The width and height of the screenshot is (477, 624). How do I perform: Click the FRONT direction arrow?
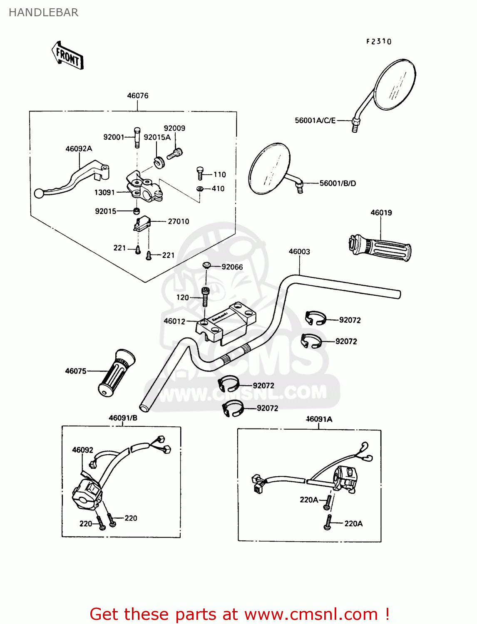pos(67,55)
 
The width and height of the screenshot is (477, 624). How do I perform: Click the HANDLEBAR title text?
pos(43,12)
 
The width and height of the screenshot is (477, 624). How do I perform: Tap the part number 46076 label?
pos(137,96)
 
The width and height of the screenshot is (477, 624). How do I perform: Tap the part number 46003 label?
pos(299,252)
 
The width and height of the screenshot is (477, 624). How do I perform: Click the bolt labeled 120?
pos(205,296)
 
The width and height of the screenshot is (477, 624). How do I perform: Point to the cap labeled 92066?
pos(206,265)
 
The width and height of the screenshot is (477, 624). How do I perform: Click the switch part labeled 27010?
pos(142,223)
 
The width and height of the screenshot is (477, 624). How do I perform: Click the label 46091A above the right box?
pos(319,419)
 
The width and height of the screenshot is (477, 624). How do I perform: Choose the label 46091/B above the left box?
pos(123,418)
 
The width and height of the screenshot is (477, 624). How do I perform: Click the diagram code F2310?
pos(379,42)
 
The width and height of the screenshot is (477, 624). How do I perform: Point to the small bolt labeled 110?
pos(200,173)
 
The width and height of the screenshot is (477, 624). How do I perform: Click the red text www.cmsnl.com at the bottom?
pos(311,614)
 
